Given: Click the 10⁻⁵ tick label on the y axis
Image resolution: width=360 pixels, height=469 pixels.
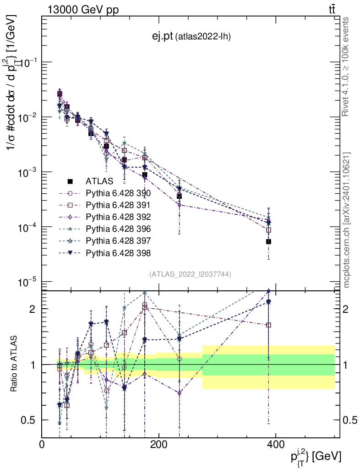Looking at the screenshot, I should tap(28, 282).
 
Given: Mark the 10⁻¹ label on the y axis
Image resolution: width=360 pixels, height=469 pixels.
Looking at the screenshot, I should tap(28, 62).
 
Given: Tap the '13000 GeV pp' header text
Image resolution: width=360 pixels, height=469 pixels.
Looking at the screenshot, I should tap(83, 10).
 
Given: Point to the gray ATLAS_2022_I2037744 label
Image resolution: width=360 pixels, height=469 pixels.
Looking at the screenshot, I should tap(190, 274).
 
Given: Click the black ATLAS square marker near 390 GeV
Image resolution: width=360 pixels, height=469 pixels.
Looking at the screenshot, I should tap(269, 241).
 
